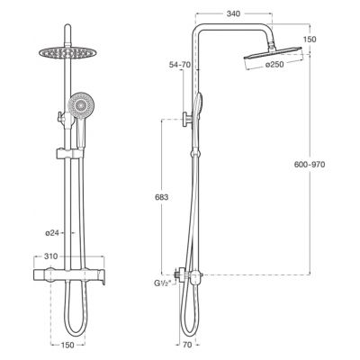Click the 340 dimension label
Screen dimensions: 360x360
point(233,13)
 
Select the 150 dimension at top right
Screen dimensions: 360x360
point(310,40)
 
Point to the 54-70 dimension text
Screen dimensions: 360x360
point(180,65)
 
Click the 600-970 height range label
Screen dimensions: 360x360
point(310,164)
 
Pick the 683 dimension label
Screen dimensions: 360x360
point(162,197)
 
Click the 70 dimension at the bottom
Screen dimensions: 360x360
point(187,345)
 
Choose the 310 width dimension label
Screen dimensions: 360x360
point(50,256)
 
